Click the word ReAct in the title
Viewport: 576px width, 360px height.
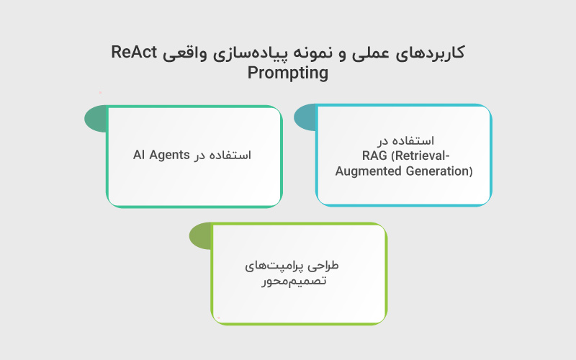coord(135,53)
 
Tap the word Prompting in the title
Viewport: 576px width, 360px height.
coord(287,73)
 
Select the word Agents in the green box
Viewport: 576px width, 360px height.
coord(169,155)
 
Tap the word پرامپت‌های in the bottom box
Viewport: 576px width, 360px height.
coord(276,265)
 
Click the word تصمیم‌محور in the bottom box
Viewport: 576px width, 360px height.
coord(294,281)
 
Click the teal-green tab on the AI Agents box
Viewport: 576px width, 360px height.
coord(96,119)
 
